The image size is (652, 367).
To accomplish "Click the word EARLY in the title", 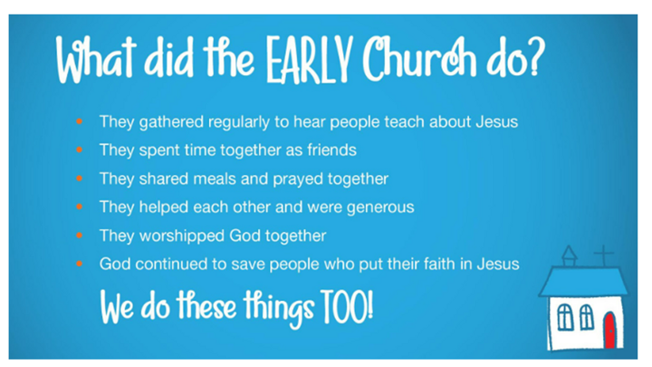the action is click(310, 60).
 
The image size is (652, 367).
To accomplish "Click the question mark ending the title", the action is click(535, 57).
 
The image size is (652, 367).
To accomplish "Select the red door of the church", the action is click(610, 331).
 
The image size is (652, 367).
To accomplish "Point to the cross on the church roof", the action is click(604, 256).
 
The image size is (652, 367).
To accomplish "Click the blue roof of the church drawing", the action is click(583, 282).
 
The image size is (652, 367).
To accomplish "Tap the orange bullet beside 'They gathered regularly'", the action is click(80, 121).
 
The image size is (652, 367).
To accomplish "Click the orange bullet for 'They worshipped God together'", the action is click(80, 236).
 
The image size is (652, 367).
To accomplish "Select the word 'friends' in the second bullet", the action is click(331, 150).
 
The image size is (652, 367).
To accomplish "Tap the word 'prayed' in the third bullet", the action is click(298, 179).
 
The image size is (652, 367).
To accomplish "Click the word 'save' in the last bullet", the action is click(249, 265).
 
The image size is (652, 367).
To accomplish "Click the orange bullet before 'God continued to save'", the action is click(80, 264).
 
